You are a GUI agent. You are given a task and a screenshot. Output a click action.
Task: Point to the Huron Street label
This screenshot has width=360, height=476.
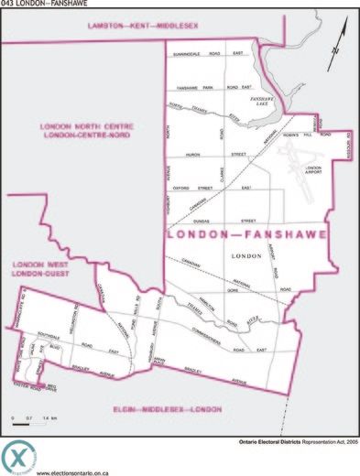217,155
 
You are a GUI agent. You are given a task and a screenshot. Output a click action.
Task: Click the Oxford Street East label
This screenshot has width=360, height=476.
217,188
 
